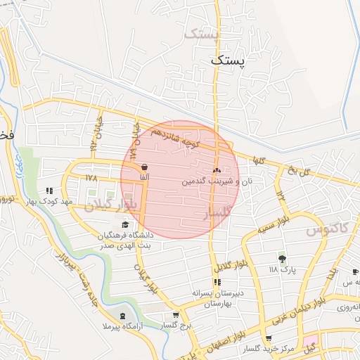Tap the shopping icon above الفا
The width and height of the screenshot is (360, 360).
(144, 168)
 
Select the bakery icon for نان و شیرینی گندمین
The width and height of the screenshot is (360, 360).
(216, 170)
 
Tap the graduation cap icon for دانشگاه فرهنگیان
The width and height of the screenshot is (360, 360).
(125, 224)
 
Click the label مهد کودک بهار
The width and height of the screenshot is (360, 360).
(49, 202)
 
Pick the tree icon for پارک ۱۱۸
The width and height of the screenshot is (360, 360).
(283, 259)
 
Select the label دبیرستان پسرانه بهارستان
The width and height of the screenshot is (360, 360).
(217, 297)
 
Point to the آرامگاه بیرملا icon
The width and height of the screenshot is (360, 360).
(124, 316)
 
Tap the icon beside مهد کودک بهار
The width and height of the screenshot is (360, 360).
(49, 191)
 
